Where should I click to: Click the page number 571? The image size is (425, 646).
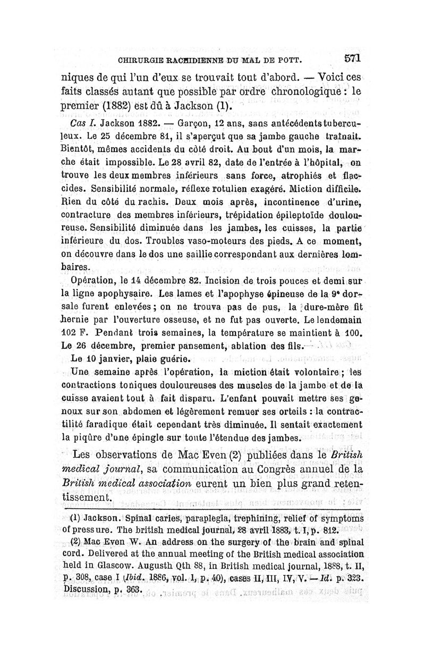pyautogui.click(x=353, y=57)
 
